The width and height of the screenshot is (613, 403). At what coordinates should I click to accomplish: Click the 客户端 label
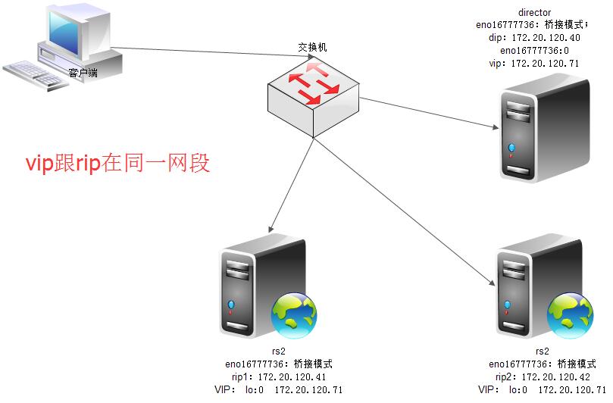coord(83,73)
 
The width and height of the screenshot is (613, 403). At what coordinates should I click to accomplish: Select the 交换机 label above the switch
coord(312,47)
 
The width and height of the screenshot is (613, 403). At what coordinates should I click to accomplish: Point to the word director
coord(534,12)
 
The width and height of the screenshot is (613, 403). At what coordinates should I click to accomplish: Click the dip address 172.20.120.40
coord(546,38)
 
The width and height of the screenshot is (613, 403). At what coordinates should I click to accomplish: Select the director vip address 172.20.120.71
coord(546,64)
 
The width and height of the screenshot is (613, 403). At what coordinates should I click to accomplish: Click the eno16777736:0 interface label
coord(534,51)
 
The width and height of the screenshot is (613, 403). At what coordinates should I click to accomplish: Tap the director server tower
coord(545,130)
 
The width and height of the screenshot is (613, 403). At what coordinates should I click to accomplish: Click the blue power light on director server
coord(511,148)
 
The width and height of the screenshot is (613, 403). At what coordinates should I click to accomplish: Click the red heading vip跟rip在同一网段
coord(117,164)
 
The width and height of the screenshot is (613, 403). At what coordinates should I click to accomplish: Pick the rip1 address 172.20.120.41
coord(292,376)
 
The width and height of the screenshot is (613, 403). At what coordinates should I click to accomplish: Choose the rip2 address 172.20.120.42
coord(556,376)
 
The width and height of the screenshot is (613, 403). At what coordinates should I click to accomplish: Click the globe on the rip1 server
coord(294,315)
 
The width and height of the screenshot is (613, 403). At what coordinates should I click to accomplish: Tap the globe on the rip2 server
coord(570,315)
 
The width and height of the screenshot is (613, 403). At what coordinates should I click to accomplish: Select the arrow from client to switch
coord(213,53)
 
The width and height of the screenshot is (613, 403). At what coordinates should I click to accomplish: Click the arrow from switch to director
coord(430,113)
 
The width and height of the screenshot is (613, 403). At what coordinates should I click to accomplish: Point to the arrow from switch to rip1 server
coord(291,186)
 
